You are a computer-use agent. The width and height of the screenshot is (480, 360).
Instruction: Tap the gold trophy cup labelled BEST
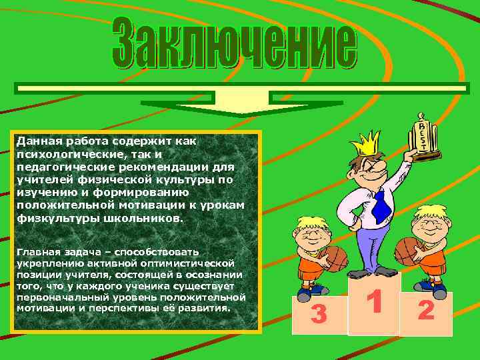pos(424,139)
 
